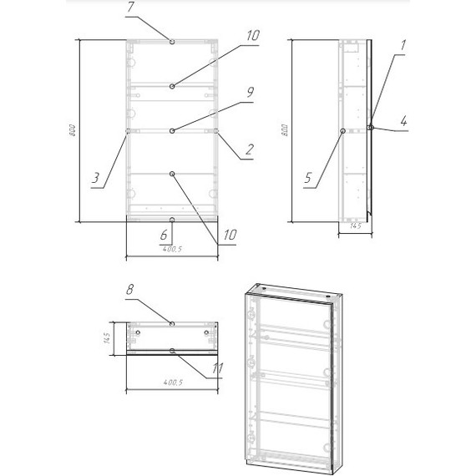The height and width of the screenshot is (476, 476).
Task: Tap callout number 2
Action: click(x=249, y=152)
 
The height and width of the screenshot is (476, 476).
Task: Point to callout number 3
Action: click(x=96, y=177)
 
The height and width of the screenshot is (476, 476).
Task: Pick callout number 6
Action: click(x=164, y=236)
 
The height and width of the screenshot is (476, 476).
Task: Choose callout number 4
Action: click(x=403, y=123)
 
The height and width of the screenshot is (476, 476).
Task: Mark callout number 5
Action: click(x=307, y=177)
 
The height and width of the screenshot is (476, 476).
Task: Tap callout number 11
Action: click(x=219, y=367)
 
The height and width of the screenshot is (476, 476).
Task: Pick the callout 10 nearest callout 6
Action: click(x=229, y=235)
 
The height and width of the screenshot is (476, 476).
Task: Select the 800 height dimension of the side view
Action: click(x=286, y=132)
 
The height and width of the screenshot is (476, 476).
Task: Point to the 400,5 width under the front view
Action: click(x=171, y=248)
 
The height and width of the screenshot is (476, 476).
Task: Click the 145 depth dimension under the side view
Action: click(x=354, y=225)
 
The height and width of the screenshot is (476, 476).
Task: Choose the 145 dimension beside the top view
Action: click(x=109, y=338)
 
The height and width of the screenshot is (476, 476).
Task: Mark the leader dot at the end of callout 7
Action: click(x=171, y=42)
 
